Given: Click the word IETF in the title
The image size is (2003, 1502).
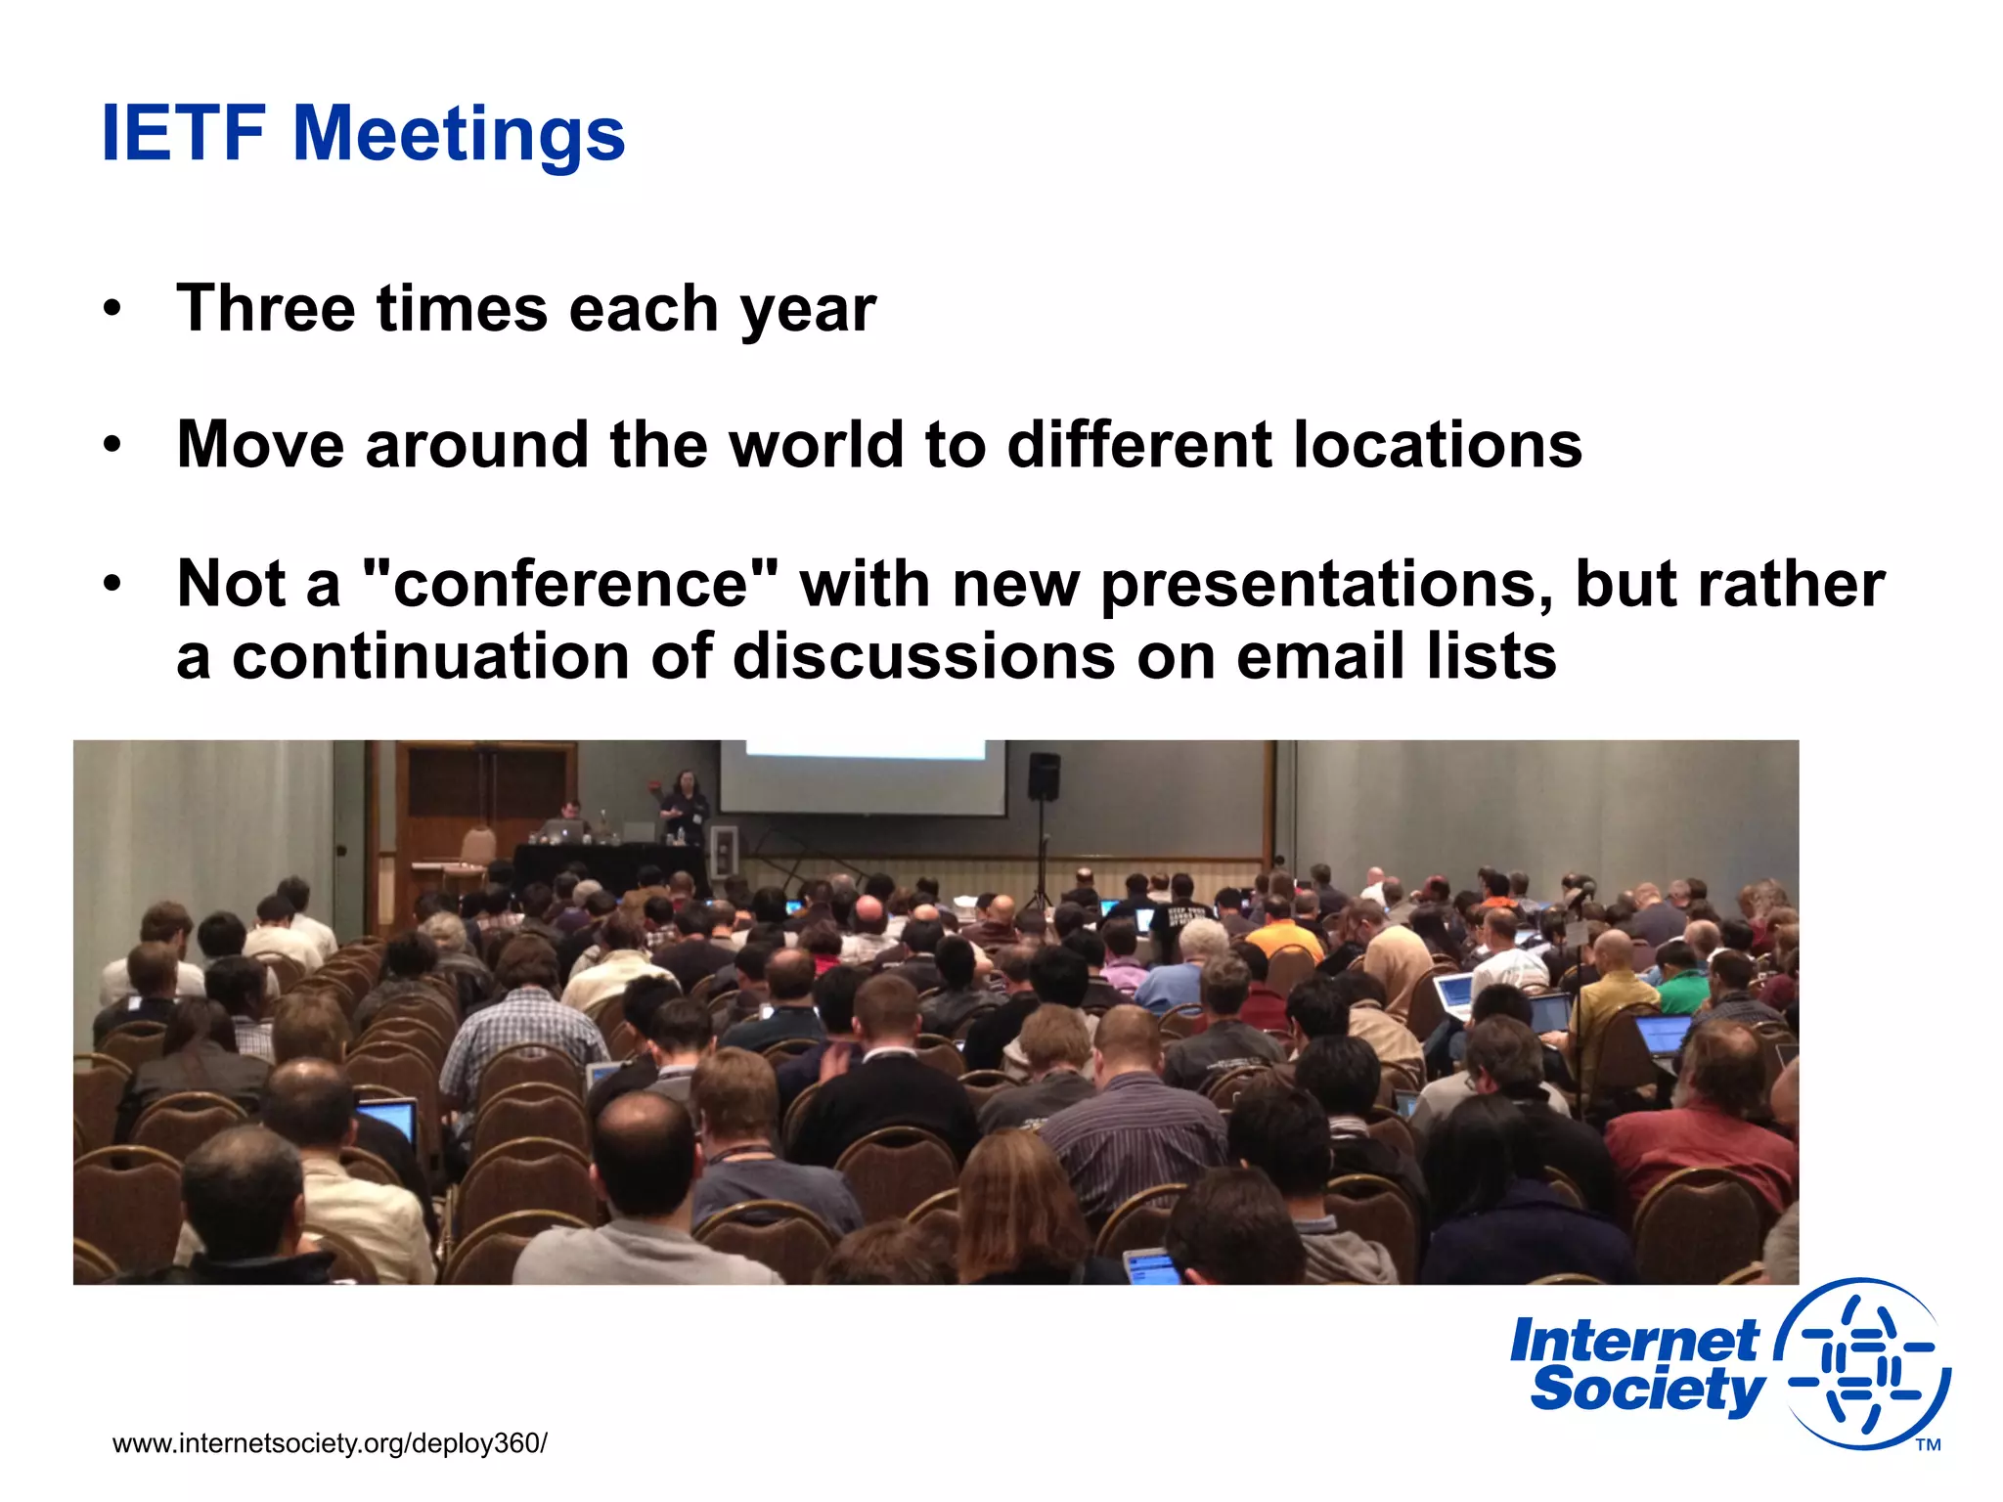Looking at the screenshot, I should [x=183, y=133].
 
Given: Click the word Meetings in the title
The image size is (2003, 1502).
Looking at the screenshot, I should [x=459, y=135].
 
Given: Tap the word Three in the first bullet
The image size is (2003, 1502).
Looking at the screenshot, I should [x=265, y=309].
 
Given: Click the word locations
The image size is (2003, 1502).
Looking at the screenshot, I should [x=1438, y=445].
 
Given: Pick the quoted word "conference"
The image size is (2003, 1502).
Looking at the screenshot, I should [x=571, y=584].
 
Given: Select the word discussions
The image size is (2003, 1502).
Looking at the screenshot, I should [x=924, y=656].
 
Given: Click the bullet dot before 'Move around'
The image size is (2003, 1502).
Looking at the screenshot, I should [x=112, y=445].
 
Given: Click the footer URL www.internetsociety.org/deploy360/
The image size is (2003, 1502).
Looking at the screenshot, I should [x=330, y=1443].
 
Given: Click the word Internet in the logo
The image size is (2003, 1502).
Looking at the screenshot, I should [x=1634, y=1341].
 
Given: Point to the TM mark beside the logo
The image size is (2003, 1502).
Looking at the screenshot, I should [x=1928, y=1445].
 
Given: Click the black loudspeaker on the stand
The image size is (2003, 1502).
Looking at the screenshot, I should [x=1044, y=774].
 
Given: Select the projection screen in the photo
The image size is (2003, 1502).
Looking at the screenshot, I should [x=864, y=777].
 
